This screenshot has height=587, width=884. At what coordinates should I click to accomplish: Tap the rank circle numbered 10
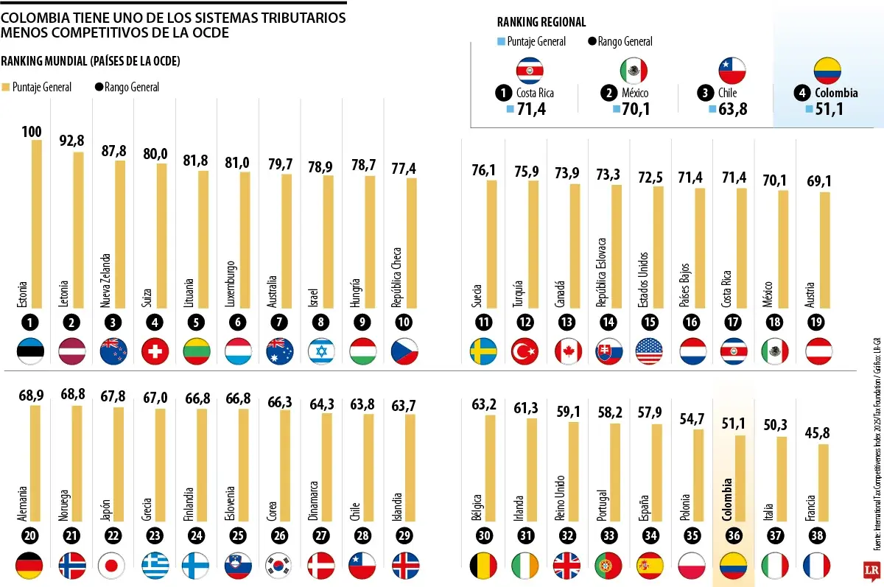click(x=402, y=321)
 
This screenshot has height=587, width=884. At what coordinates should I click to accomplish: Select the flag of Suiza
click(x=154, y=351)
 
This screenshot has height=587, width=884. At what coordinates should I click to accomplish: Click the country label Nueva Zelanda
click(x=106, y=281)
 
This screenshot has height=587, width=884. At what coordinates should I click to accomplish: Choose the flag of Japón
click(x=113, y=566)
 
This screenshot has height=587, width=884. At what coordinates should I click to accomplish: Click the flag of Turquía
click(x=525, y=351)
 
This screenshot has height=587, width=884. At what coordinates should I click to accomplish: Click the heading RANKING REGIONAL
click(x=541, y=23)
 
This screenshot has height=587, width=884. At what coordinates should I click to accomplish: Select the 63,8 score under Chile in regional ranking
click(x=729, y=110)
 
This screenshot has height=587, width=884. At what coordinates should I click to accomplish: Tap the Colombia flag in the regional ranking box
click(x=827, y=71)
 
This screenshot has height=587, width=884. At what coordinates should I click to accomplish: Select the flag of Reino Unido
click(x=566, y=566)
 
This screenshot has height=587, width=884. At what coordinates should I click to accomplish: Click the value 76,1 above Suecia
click(x=484, y=170)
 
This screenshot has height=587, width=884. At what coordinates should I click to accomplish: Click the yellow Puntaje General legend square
click(x=6, y=87)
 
